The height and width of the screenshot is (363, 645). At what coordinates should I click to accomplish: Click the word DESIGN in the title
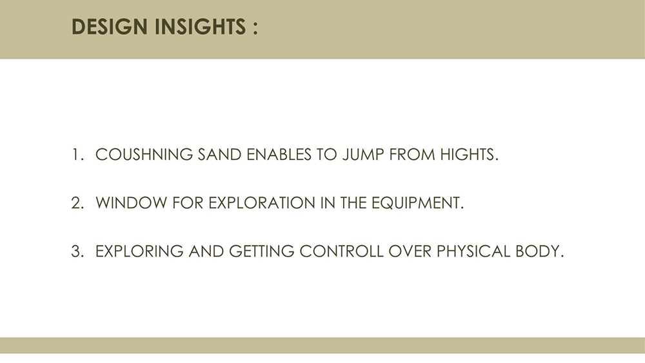coord(110,26)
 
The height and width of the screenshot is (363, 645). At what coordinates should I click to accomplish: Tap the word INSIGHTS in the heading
coord(201,26)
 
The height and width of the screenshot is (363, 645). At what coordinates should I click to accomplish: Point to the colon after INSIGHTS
coord(255,28)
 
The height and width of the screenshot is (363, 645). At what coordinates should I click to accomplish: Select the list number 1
coord(77,155)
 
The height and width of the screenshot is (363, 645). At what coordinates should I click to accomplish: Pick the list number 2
coord(77,202)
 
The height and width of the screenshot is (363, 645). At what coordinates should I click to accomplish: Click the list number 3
coord(77,251)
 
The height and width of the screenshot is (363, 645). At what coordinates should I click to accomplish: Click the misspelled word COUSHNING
coord(144,155)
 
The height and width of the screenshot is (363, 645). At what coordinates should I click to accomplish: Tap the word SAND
coord(220,155)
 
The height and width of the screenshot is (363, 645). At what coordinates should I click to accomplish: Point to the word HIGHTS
coord(469,155)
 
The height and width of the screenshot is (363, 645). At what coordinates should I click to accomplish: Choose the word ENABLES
coord(279,155)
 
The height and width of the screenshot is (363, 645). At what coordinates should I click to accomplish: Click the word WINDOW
coord(131,202)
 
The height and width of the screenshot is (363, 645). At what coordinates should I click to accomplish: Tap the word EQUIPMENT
coord(417,203)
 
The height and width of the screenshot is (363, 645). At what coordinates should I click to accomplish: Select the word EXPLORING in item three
coord(139,251)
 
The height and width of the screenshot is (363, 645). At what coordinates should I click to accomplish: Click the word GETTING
coord(262,251)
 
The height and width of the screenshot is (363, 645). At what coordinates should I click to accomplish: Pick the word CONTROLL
coord(341,251)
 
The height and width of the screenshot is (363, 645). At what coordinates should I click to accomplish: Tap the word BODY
coord(539,251)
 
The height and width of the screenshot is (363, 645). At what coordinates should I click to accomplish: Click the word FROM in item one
coord(412,155)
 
